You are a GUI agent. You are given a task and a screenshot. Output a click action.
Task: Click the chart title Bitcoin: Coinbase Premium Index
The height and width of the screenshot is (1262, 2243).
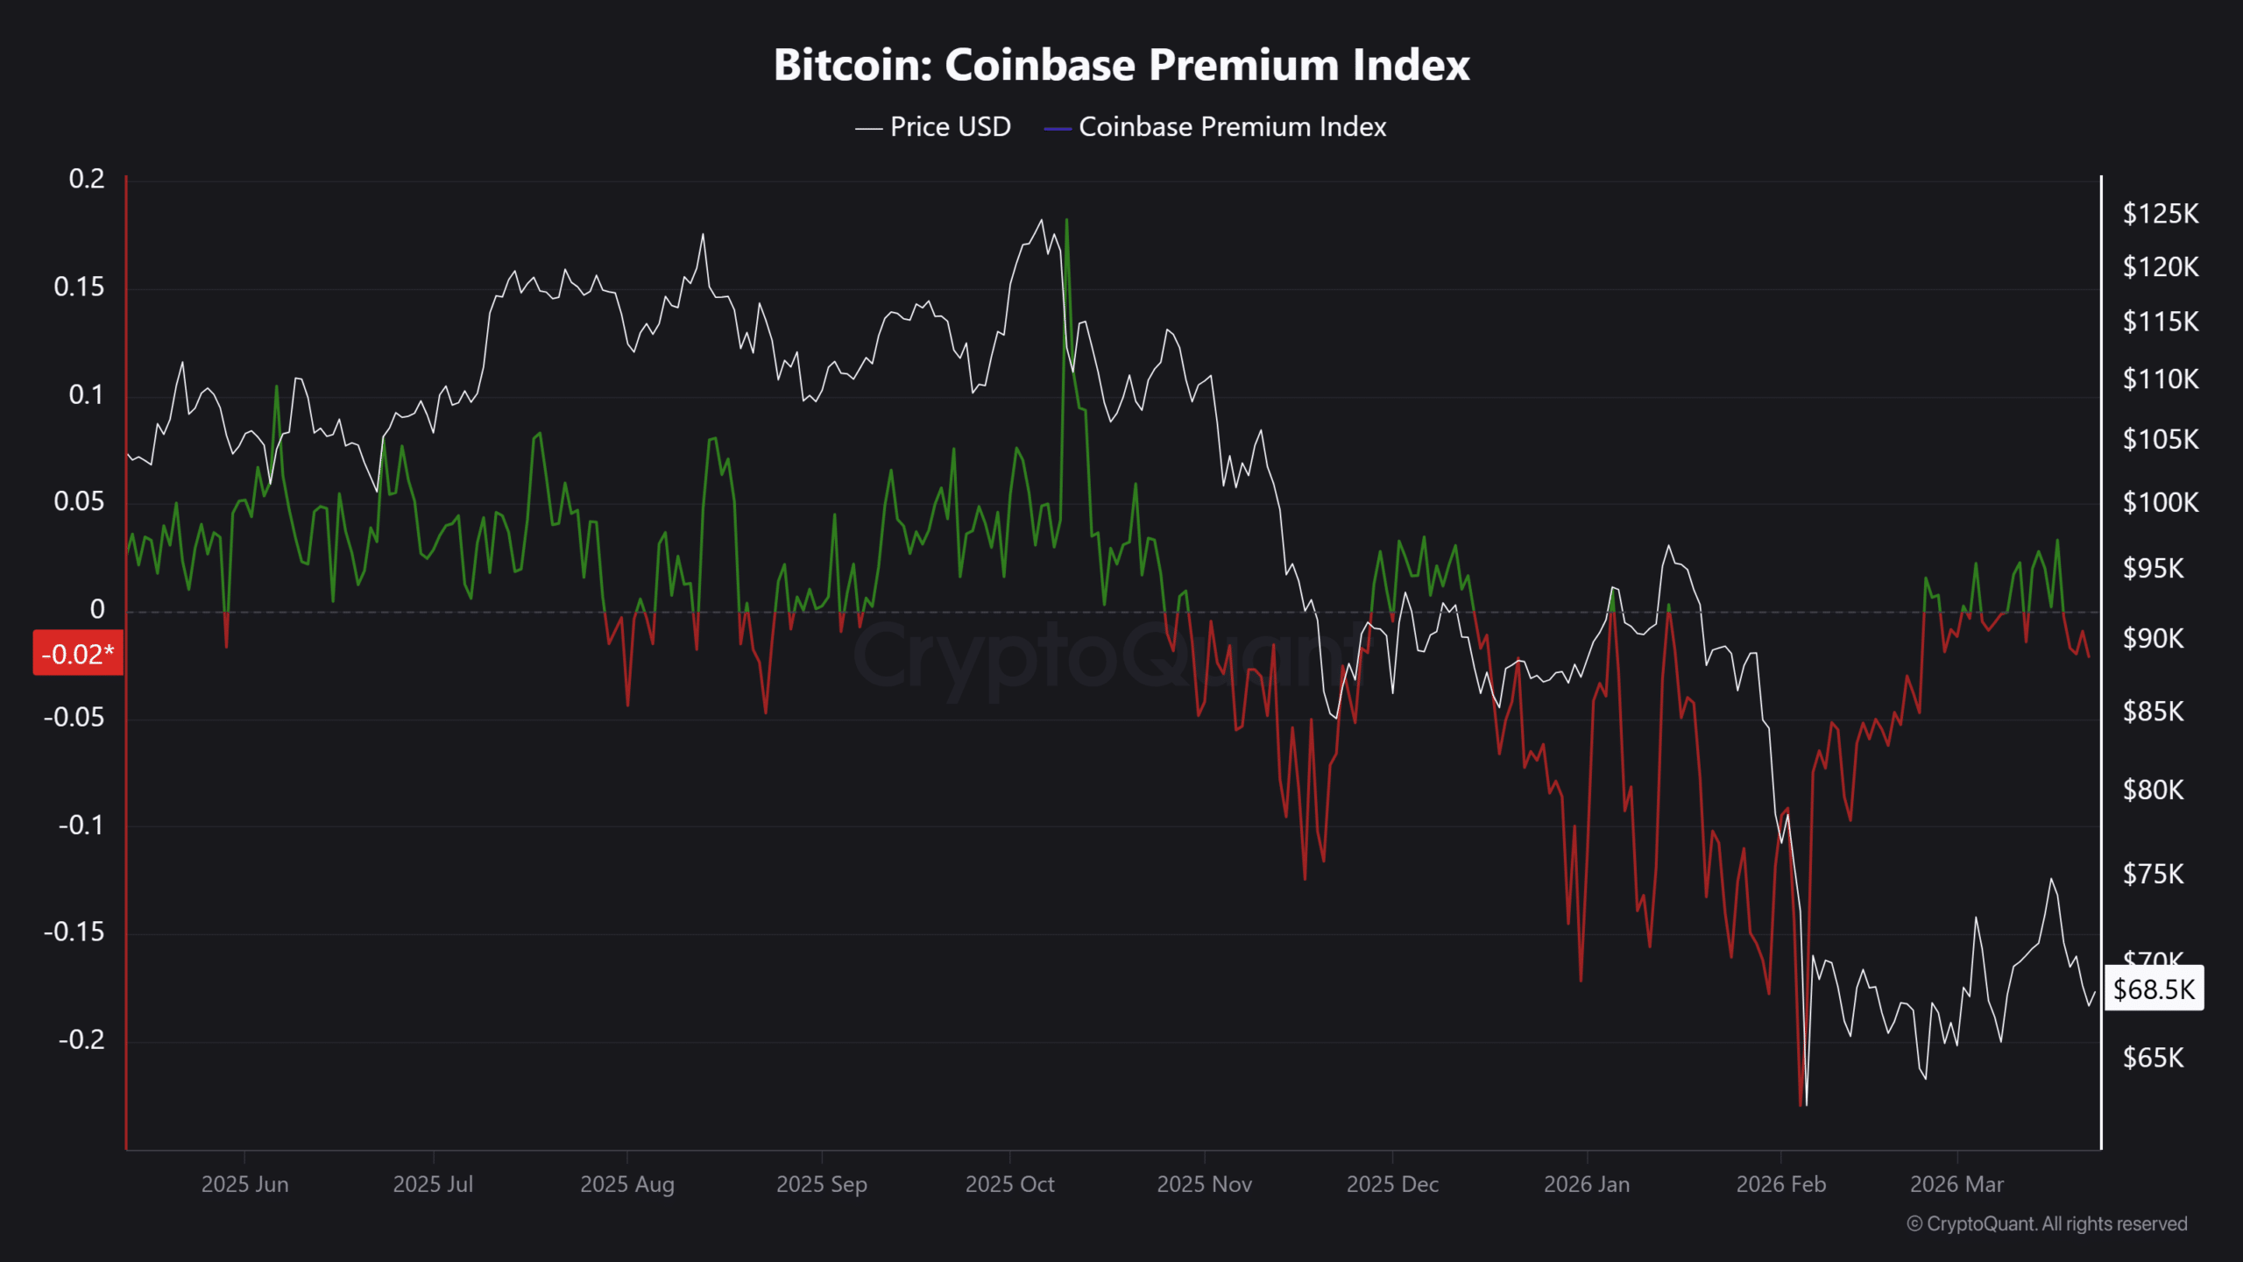point(1121,65)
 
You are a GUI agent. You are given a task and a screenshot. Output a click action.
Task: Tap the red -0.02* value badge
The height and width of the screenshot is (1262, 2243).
point(78,654)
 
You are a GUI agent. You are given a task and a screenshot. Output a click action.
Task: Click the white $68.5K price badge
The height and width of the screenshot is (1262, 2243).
point(2154,989)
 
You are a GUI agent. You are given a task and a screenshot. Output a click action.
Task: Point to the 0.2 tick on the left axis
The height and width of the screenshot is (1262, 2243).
point(87,179)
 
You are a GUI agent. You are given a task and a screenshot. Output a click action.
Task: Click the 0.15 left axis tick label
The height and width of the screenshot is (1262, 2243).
point(79,287)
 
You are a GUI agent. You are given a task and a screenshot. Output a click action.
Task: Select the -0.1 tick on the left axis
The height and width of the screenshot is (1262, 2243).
point(81,825)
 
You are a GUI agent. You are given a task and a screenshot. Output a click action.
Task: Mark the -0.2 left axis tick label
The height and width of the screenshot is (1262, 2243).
point(81,1039)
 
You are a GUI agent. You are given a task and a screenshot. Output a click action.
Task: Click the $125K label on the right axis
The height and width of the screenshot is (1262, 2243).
point(2160,214)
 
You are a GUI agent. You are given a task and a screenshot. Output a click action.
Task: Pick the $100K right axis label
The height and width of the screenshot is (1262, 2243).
point(2160,502)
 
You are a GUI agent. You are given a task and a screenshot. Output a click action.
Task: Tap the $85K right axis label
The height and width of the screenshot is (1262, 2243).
point(2153,711)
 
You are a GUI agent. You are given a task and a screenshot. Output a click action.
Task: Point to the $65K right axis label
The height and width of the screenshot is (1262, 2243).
point(2153,1058)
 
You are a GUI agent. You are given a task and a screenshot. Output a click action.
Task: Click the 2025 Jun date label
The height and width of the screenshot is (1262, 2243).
point(244,1184)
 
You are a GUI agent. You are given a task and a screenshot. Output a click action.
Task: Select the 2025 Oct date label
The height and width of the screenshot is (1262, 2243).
point(1009,1184)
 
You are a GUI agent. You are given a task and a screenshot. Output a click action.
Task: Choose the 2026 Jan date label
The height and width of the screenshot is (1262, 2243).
point(1587,1184)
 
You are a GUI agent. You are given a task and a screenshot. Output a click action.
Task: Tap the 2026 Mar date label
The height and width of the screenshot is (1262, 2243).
point(1956,1184)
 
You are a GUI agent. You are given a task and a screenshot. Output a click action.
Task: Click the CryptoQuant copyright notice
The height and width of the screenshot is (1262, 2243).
point(2047,1223)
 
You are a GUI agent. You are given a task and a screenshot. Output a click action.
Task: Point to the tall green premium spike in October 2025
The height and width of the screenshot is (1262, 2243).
point(1066,221)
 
